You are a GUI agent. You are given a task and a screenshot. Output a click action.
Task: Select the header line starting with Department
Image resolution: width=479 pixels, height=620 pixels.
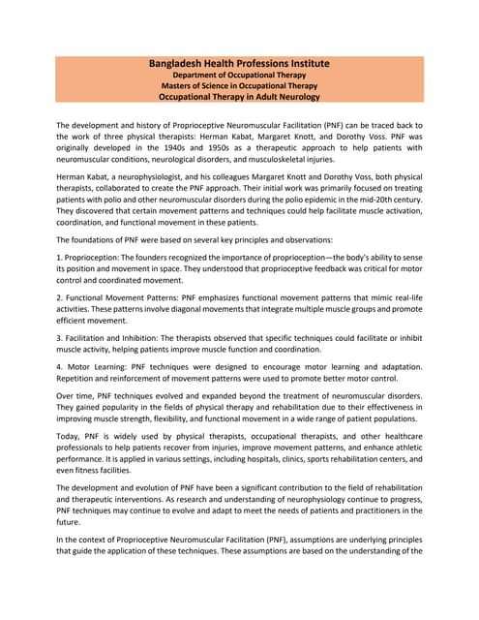[x=239, y=75]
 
